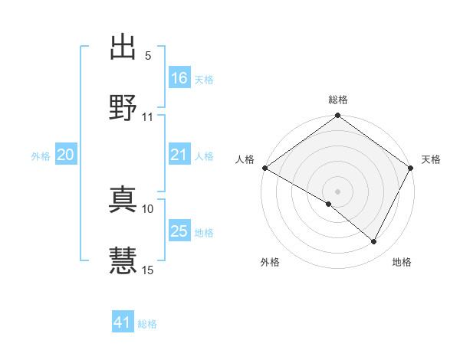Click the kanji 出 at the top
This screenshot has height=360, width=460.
coord(123,47)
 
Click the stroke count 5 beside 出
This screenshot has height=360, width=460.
coord(147,56)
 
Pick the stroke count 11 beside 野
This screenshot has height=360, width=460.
coord(148,117)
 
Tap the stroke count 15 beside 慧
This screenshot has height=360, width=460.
coord(148,270)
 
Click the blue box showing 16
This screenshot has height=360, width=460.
coord(179,78)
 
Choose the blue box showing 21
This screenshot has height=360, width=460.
coord(179,155)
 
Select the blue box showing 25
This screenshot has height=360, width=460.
coord(179,231)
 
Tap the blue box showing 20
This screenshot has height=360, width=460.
coord(65,155)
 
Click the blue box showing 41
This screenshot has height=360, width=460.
coord(123,322)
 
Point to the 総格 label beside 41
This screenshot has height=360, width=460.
coord(147,324)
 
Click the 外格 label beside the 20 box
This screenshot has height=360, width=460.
coord(41,156)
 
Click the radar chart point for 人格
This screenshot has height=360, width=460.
coord(264,168)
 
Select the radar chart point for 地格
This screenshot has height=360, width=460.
coord(374,242)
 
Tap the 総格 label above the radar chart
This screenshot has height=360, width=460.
coord(337,100)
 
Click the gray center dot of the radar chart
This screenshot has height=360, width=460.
coord(337,191)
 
